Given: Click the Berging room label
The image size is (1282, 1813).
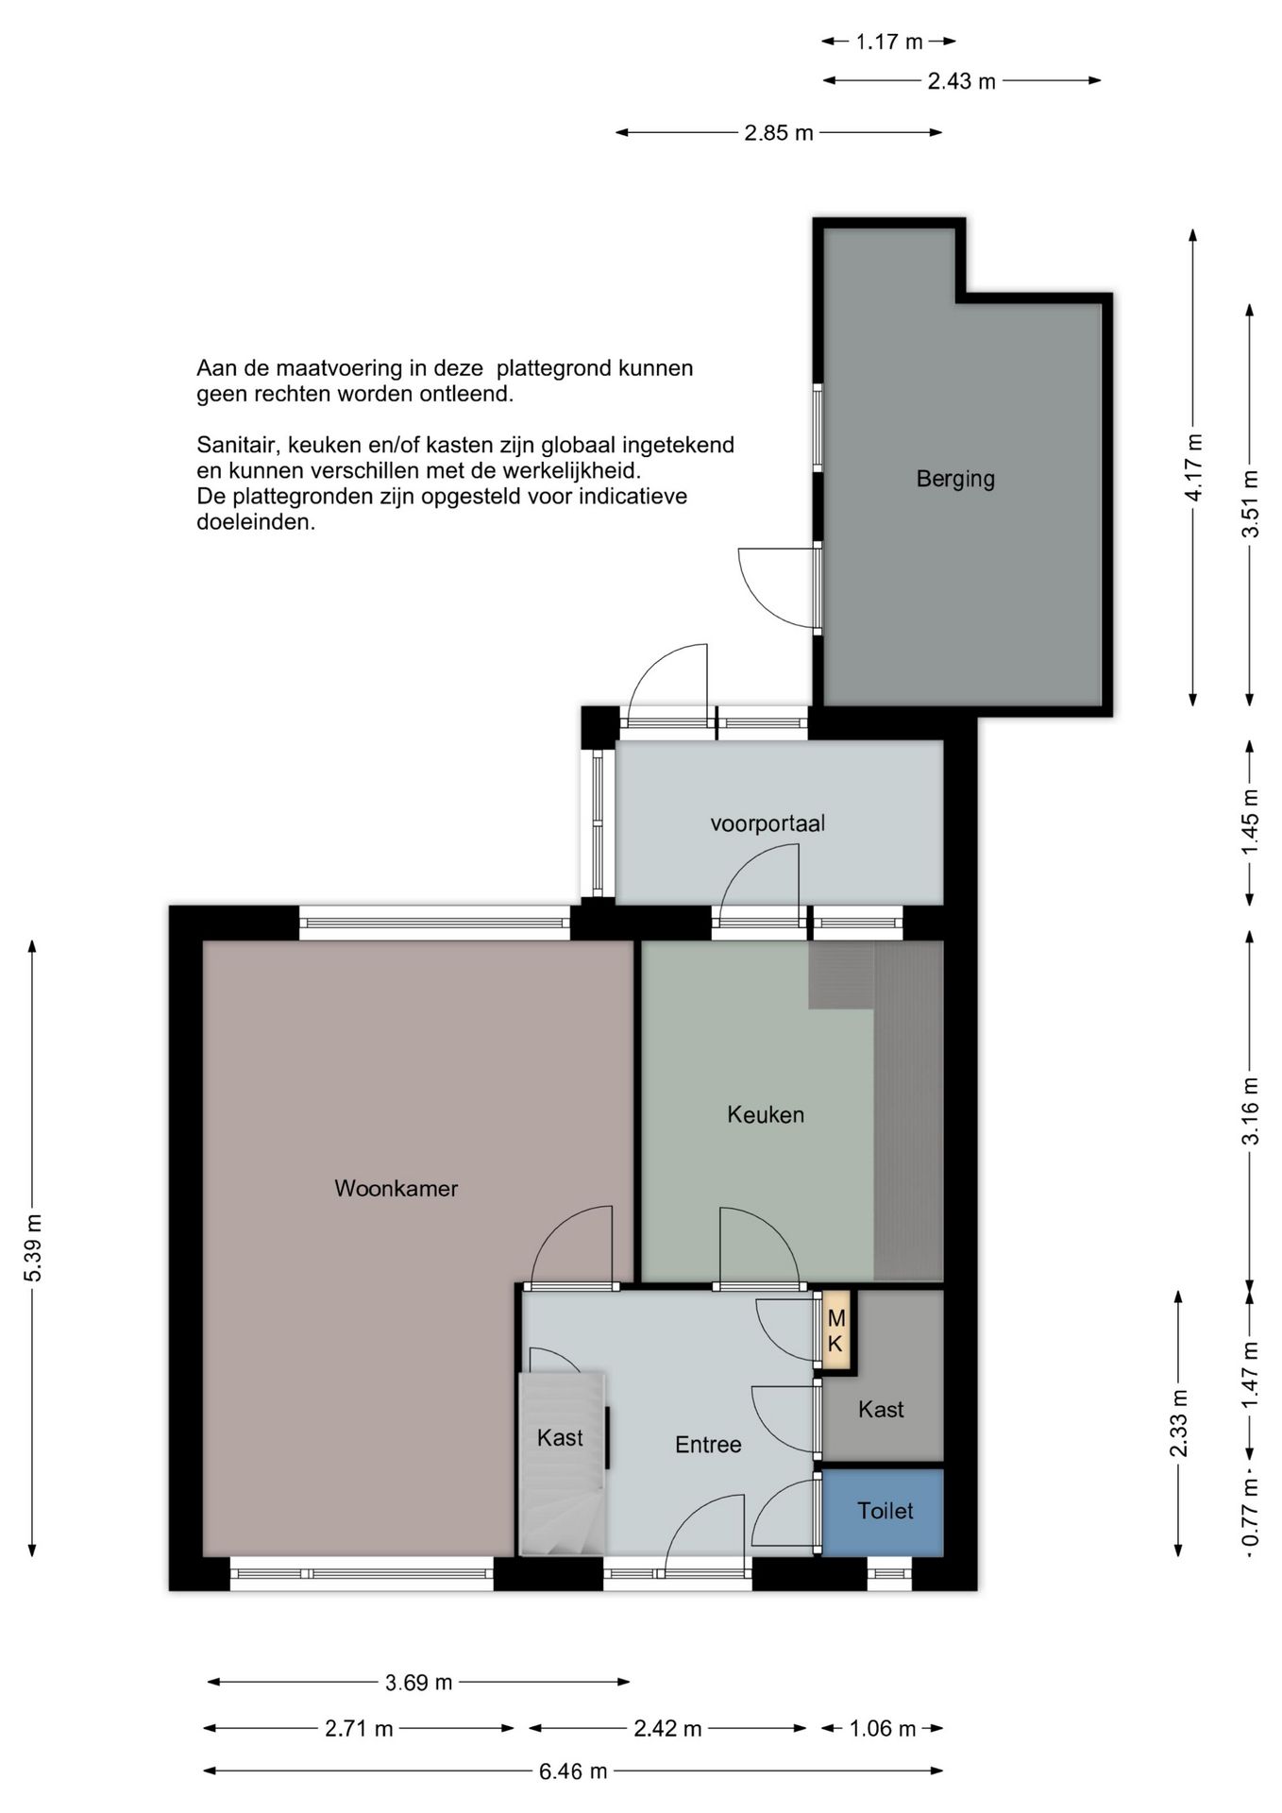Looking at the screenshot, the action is [x=955, y=479].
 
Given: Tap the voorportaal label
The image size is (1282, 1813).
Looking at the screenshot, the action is [x=768, y=823].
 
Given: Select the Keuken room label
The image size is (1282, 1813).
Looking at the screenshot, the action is [x=766, y=1114].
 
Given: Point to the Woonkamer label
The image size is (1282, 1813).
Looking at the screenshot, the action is [x=396, y=1188].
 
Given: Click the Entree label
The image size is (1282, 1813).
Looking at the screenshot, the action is [x=708, y=1445].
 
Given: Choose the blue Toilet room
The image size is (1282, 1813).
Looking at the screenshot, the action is [x=884, y=1511].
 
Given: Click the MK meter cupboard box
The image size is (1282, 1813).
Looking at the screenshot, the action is [x=835, y=1330].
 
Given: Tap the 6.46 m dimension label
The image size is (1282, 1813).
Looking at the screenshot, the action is [x=573, y=1771].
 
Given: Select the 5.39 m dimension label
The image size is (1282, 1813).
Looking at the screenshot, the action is [x=34, y=1248].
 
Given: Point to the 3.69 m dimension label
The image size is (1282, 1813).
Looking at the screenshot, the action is [x=418, y=1682].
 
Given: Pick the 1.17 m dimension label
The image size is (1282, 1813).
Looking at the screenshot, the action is [x=889, y=42].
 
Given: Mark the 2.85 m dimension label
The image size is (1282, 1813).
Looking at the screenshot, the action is [x=779, y=133].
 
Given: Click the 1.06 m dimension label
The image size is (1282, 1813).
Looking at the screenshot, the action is [x=883, y=1729].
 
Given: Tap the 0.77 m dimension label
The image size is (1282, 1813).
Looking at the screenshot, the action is [x=1250, y=1514].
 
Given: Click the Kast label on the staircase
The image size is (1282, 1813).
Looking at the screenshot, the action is [x=560, y=1438].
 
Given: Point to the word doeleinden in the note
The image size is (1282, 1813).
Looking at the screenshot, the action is [x=256, y=522].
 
